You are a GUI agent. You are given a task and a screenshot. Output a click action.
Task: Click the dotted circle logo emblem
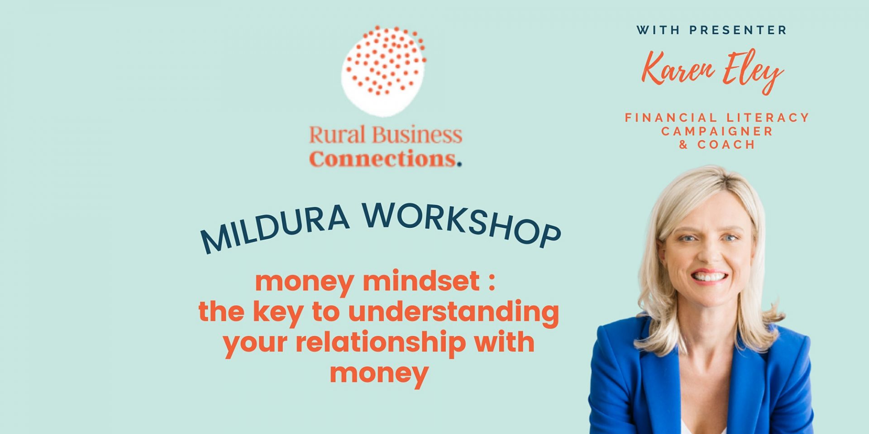click(x=384, y=70)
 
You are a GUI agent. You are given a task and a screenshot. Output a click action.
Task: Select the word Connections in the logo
click(x=382, y=159)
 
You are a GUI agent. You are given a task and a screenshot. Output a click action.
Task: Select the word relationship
click(x=381, y=342)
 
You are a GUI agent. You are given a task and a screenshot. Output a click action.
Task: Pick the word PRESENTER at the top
click(x=738, y=30)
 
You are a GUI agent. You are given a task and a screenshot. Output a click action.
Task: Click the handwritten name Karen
click(x=678, y=68)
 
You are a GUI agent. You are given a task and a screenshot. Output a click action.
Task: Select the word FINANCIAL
click(x=671, y=118)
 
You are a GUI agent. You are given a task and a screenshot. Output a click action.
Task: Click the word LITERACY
click(x=768, y=118)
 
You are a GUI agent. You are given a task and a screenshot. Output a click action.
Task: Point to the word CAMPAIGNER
click(x=717, y=131)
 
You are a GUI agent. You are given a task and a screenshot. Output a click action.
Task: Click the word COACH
click(x=726, y=145)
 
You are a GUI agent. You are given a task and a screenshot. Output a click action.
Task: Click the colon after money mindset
click(x=492, y=282)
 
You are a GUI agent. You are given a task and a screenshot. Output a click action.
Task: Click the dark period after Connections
click(x=459, y=165)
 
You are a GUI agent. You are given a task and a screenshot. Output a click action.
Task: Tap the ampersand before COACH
click(x=683, y=145)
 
